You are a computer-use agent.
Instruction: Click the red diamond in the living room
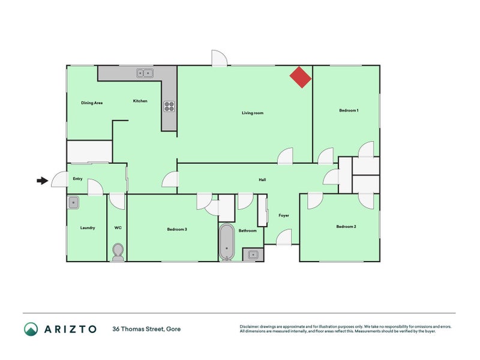301,77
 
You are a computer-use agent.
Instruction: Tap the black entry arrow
43,181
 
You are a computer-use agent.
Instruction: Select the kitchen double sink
145,73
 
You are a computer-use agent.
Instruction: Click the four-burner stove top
169,106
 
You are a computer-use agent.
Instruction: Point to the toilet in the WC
118,252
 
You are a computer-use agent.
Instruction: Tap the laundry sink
73,203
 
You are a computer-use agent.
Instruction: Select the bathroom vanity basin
253,254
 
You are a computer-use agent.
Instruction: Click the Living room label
253,113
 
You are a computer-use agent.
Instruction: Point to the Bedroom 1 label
349,110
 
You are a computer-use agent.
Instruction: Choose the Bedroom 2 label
346,227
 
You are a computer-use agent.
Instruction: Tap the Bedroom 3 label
177,229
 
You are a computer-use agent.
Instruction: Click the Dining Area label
92,103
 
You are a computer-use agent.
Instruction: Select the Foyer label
284,215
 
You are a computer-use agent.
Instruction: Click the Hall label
262,179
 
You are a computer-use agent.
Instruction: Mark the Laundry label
88,228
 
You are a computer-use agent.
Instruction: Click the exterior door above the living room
220,58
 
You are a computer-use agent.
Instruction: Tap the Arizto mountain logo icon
31,329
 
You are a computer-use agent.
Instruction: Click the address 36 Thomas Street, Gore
146,329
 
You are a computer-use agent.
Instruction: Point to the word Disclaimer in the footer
249,326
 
